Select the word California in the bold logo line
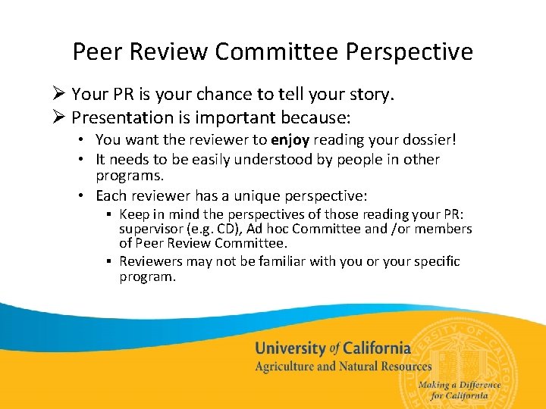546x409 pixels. (x=377, y=348)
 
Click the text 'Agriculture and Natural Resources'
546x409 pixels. (x=343, y=367)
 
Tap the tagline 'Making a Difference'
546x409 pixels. (x=459, y=385)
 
